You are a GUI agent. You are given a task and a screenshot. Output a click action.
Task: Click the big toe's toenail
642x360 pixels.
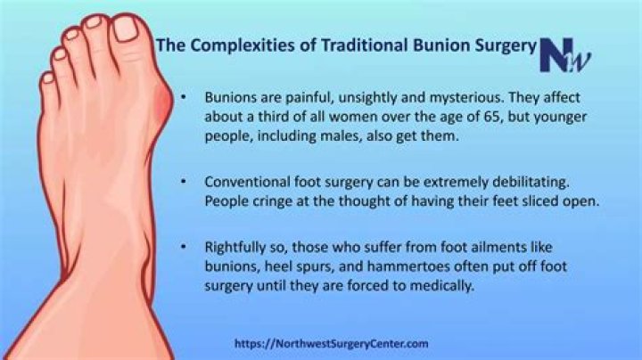pyautogui.click(x=126, y=29)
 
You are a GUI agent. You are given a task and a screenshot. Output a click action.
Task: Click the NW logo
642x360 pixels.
pyautogui.click(x=565, y=55)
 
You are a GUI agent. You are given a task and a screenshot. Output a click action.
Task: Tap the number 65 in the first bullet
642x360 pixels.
pyautogui.click(x=491, y=117)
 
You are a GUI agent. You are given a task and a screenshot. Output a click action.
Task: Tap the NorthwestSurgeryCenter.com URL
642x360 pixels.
pyautogui.click(x=332, y=343)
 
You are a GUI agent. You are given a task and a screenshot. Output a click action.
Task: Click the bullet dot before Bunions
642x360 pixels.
pyautogui.click(x=184, y=97)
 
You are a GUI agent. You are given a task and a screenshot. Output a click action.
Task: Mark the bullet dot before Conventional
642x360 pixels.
pyautogui.click(x=184, y=181)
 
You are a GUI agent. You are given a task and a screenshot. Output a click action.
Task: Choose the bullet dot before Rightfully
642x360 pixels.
pyautogui.click(x=184, y=247)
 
